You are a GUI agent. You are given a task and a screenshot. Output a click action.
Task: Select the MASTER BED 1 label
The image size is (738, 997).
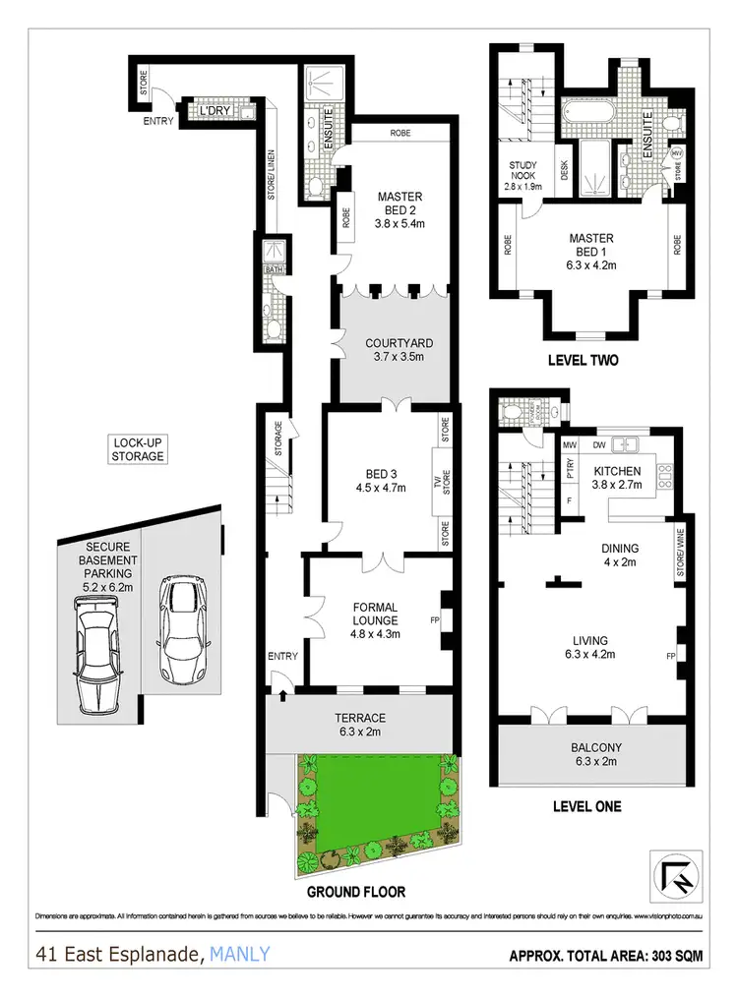pyautogui.click(x=591, y=245)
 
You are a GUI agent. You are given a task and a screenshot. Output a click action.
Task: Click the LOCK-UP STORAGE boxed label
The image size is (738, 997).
pyautogui.click(x=137, y=450)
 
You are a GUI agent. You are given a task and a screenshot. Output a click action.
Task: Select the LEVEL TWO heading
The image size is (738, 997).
pyautogui.click(x=582, y=361)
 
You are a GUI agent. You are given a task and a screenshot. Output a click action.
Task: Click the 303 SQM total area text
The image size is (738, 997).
pyautogui.click(x=671, y=955)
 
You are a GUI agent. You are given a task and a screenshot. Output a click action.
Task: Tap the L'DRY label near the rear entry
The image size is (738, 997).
pyautogui.click(x=215, y=113)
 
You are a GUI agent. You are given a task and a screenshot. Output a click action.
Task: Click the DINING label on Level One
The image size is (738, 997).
pyautogui.click(x=620, y=549)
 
